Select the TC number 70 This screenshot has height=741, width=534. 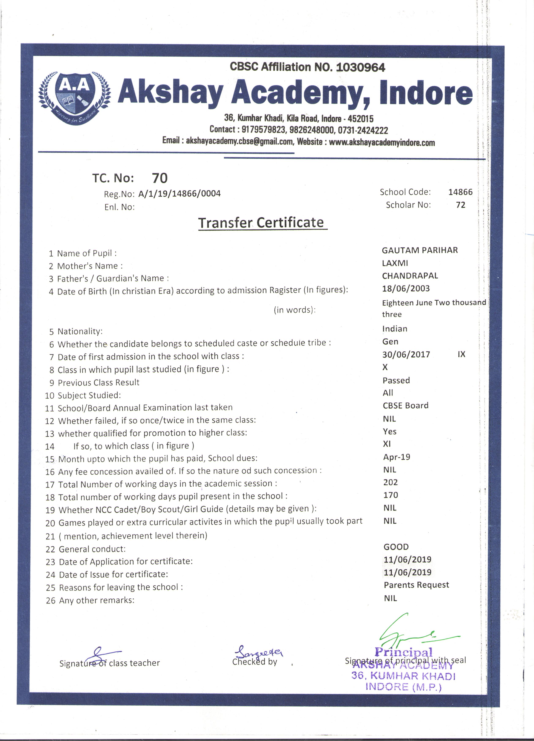160,178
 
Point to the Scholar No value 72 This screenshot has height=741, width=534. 460,205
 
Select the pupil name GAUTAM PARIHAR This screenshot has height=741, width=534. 420,250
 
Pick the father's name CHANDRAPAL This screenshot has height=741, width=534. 410,276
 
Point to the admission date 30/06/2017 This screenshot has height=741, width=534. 406,355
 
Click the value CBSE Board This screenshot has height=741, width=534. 405,405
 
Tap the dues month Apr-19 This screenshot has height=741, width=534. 396,457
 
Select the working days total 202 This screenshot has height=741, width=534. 390,482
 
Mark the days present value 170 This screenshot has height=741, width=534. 390,495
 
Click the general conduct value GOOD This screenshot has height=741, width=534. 396,547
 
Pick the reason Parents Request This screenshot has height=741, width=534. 416,585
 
